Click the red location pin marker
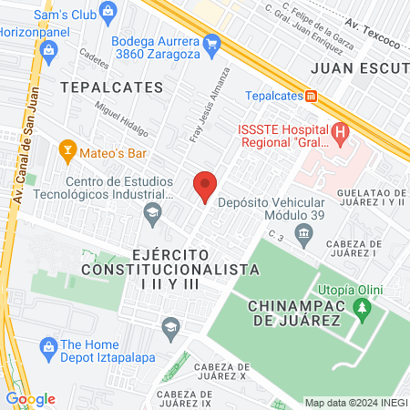tap(205, 187)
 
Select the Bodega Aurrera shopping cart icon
tap(212, 42)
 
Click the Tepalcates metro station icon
tap(312, 96)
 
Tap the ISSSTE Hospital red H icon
tap(341, 133)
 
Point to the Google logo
tap(30, 398)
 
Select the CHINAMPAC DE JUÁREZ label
tap(293, 312)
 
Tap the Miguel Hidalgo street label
tap(120, 120)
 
